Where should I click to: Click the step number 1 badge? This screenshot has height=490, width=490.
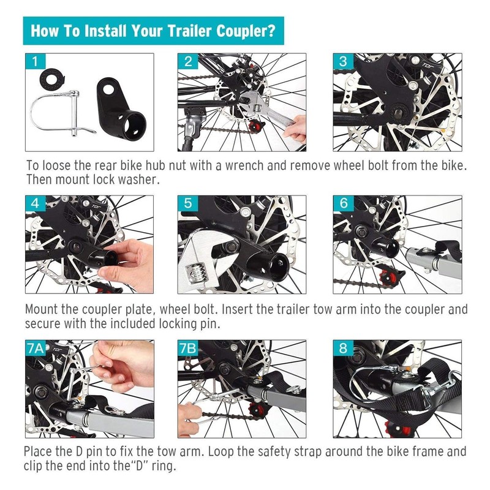tap(36, 61)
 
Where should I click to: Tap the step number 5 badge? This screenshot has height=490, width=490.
tap(188, 203)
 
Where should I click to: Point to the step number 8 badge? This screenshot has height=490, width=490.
tap(343, 348)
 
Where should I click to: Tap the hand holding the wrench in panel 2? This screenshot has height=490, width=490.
tap(295, 128)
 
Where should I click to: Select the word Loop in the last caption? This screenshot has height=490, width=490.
tap(221, 451)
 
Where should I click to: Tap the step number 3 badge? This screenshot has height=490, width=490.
tap(343, 61)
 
